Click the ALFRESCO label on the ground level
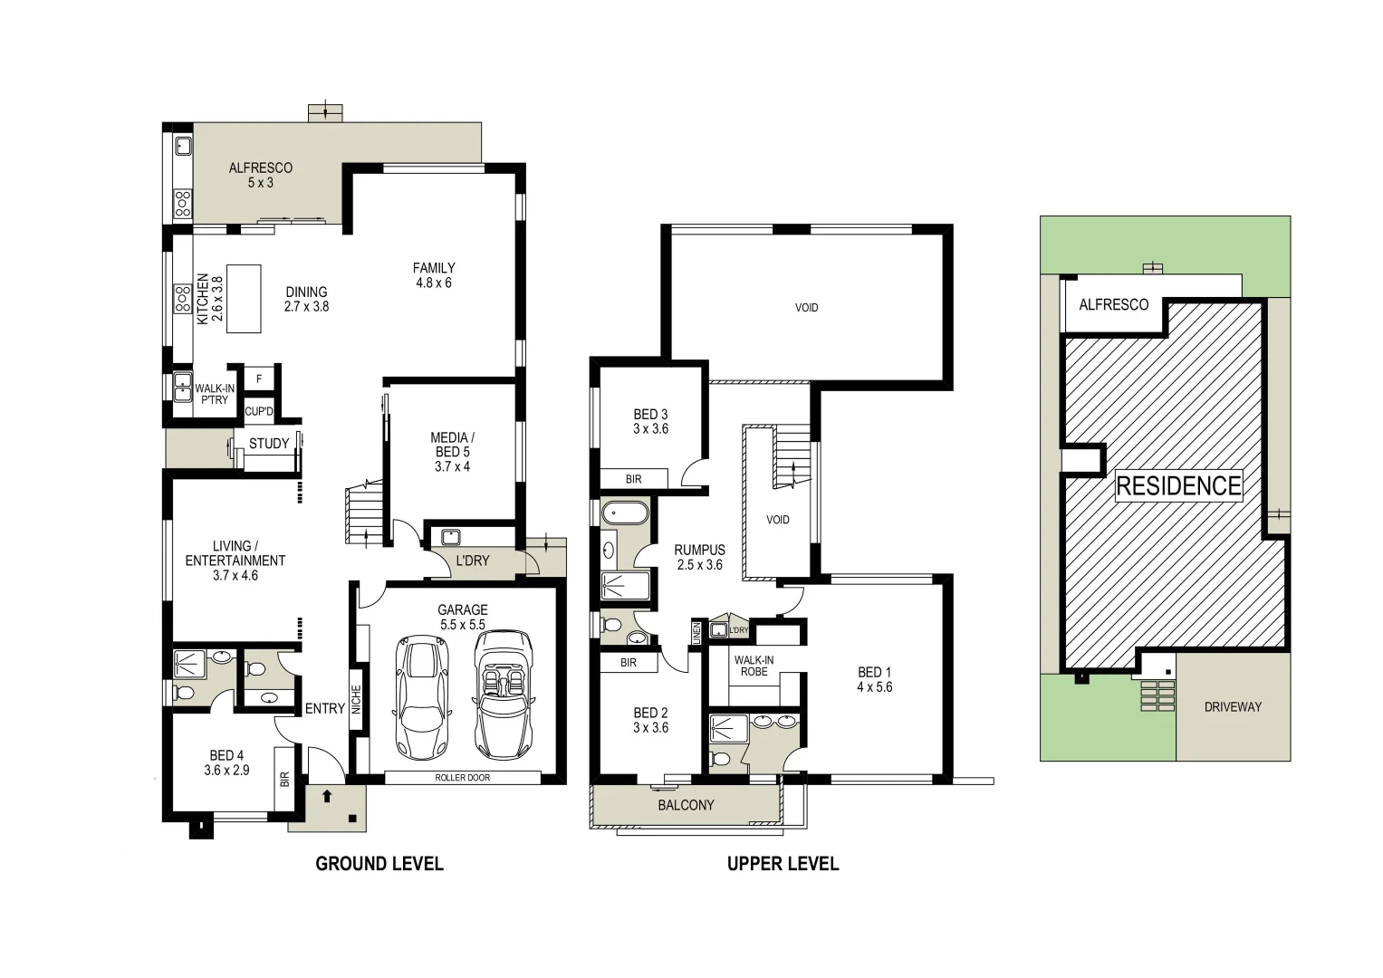click(260, 175)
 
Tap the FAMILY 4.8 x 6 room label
click(434, 275)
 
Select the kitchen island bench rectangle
click(243, 299)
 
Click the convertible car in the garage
click(504, 695)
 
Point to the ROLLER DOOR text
click(462, 778)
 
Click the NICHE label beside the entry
click(356, 700)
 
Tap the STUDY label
click(269, 444)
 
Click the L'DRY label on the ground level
click(472, 561)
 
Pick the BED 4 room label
click(226, 762)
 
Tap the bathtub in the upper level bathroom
click(625, 514)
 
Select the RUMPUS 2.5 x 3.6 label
click(699, 557)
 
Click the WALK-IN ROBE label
click(754, 666)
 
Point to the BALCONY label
click(686, 805)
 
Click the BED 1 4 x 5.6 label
click(874, 679)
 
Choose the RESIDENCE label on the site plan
click(1177, 486)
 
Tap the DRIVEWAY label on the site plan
click(1232, 707)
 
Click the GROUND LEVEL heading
click(379, 864)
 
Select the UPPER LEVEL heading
click(783, 864)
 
